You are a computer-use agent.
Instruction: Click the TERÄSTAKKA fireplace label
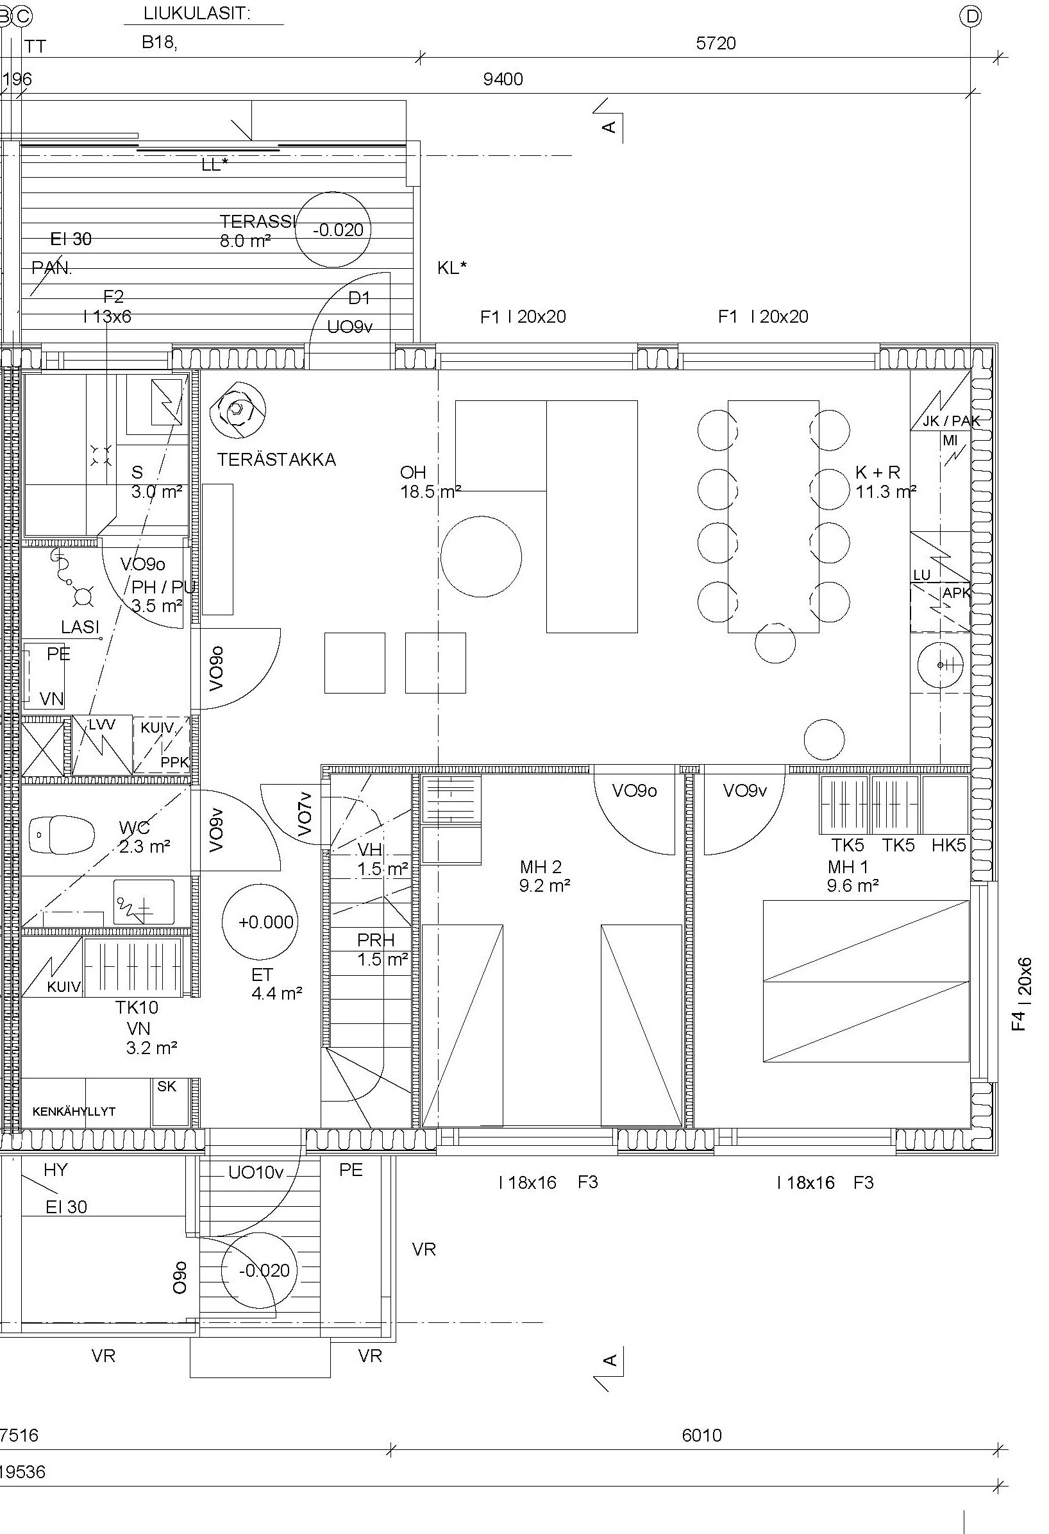[276, 459]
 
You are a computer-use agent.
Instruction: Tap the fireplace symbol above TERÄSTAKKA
[237, 411]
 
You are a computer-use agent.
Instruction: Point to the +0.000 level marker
[259, 921]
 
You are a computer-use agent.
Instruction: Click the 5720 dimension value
[716, 44]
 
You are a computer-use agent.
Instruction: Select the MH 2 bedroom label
[541, 866]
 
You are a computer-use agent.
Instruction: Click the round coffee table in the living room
[481, 556]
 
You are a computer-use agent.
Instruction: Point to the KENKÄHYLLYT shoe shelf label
[74, 1112]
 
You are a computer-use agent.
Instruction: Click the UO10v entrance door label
[256, 1172]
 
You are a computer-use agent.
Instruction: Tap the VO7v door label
[304, 815]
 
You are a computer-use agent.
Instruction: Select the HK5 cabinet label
[949, 845]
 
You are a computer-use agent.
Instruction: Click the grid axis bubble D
[971, 17]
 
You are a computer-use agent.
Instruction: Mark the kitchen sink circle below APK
[940, 665]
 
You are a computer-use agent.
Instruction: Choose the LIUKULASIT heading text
[197, 14]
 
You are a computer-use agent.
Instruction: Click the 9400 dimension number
[503, 79]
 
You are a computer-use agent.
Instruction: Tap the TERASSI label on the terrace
[258, 221]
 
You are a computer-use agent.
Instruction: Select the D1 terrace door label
[359, 298]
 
